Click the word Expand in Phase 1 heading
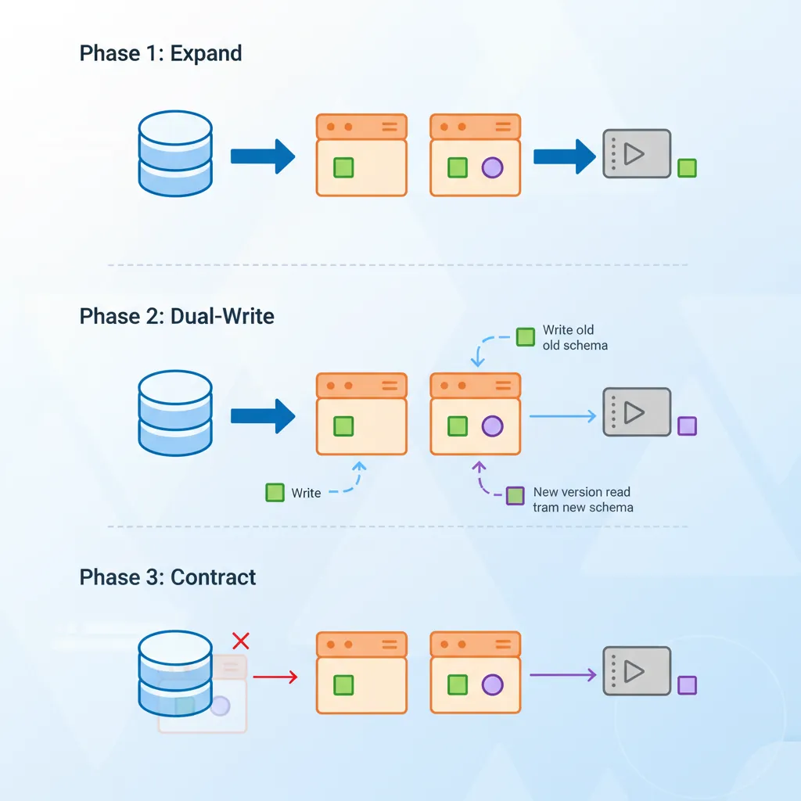click(206, 54)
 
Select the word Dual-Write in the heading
click(222, 317)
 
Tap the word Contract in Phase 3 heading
click(213, 578)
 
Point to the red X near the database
click(241, 641)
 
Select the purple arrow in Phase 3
click(563, 674)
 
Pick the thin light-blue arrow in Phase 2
click(562, 416)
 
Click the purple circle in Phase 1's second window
click(492, 167)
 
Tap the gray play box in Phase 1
click(637, 153)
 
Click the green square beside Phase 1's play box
click(687, 167)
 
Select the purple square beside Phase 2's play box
click(687, 426)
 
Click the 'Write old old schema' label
click(574, 337)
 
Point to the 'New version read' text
click(582, 492)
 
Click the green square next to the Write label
click(275, 493)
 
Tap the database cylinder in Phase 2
click(175, 412)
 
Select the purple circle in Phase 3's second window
click(492, 685)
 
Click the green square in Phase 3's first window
click(343, 685)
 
